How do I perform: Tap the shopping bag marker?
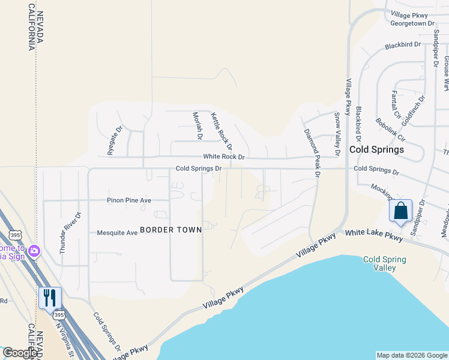(400, 211)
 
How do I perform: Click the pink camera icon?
(34, 250)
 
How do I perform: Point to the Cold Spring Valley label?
(385, 263)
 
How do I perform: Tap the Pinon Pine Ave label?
(129, 200)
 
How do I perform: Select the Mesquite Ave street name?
(117, 233)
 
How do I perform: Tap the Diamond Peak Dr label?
(312, 153)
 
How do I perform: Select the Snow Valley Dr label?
(337, 134)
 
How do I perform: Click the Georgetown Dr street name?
(412, 23)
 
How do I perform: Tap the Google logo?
(20, 353)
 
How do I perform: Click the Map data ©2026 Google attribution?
(411, 355)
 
